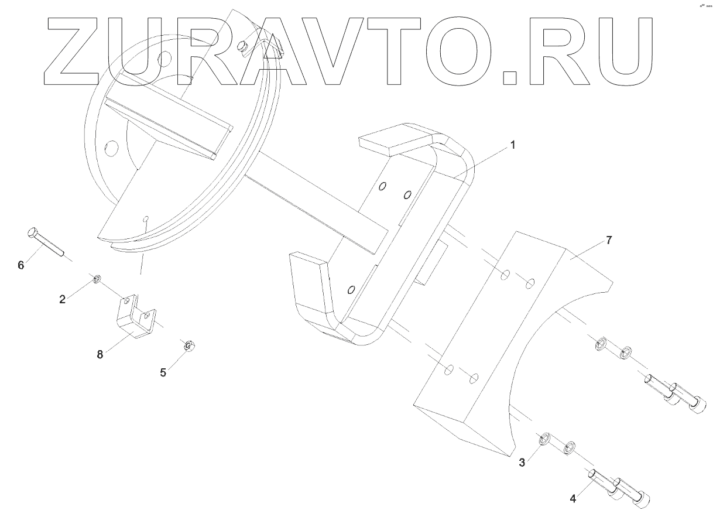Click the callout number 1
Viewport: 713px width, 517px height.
513,144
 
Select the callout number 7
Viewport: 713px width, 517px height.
608,241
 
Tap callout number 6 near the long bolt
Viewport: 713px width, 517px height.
21,265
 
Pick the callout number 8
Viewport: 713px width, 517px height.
100,354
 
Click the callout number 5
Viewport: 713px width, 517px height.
163,371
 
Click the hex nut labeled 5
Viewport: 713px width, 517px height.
189,346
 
